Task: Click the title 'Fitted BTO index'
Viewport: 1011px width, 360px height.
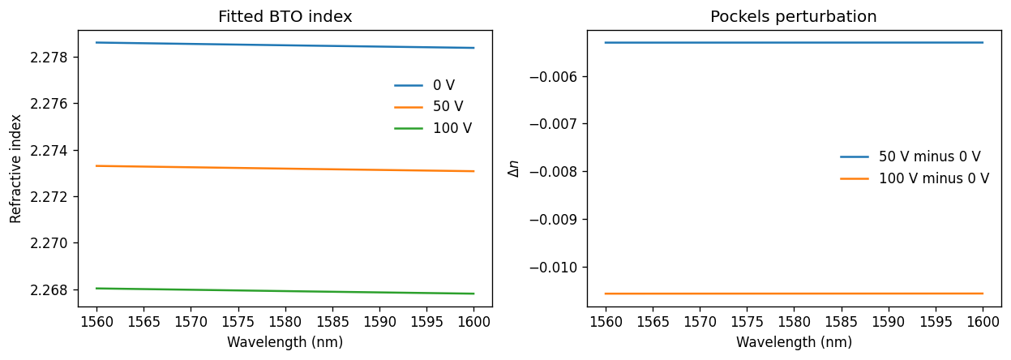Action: [x=285, y=17]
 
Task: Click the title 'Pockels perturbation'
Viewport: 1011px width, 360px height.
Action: [x=794, y=17]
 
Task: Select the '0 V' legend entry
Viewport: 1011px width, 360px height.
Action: [x=424, y=85]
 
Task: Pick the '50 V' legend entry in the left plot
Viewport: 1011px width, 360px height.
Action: [x=428, y=107]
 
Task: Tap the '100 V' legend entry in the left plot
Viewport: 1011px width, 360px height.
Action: [x=433, y=129]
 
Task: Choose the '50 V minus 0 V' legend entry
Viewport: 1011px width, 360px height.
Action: [x=910, y=157]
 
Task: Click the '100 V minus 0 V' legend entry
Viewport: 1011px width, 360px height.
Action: [x=915, y=178]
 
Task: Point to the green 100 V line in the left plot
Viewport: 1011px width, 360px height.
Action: [x=285, y=291]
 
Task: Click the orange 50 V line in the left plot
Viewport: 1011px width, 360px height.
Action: [x=285, y=169]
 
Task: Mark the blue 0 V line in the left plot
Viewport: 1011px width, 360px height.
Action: [x=285, y=45]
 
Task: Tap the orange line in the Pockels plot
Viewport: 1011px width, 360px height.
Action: [x=794, y=294]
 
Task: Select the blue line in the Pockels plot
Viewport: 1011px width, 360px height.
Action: [x=794, y=42]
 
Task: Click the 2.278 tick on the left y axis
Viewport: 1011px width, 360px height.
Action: [x=49, y=58]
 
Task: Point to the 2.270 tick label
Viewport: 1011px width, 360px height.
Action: [x=49, y=243]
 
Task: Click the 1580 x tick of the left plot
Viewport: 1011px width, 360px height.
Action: [x=285, y=322]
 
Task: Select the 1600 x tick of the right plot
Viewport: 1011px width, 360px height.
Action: [x=983, y=322]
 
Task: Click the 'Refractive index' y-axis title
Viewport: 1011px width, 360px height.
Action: [x=15, y=169]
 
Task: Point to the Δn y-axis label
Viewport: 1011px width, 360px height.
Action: [x=514, y=169]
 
